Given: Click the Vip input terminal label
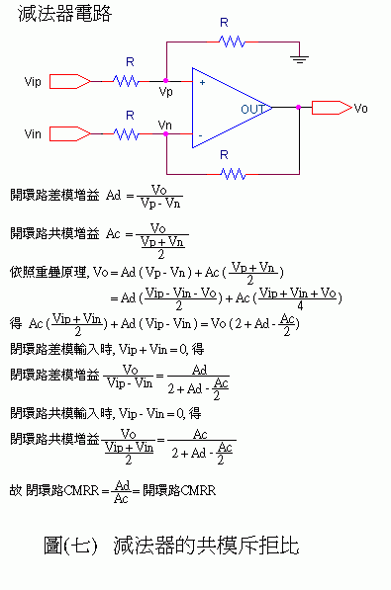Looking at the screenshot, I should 33,81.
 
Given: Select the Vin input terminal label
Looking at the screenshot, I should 33,132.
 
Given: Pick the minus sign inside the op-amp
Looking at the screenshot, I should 201,133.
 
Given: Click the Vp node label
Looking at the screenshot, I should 165,92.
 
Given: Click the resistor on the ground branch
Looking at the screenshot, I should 232,42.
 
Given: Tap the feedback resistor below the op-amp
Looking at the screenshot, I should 232,173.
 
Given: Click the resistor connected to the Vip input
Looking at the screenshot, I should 127,81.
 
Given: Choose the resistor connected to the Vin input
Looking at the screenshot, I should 127,132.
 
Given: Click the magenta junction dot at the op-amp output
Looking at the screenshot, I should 297,107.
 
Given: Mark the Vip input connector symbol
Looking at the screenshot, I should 69,81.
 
